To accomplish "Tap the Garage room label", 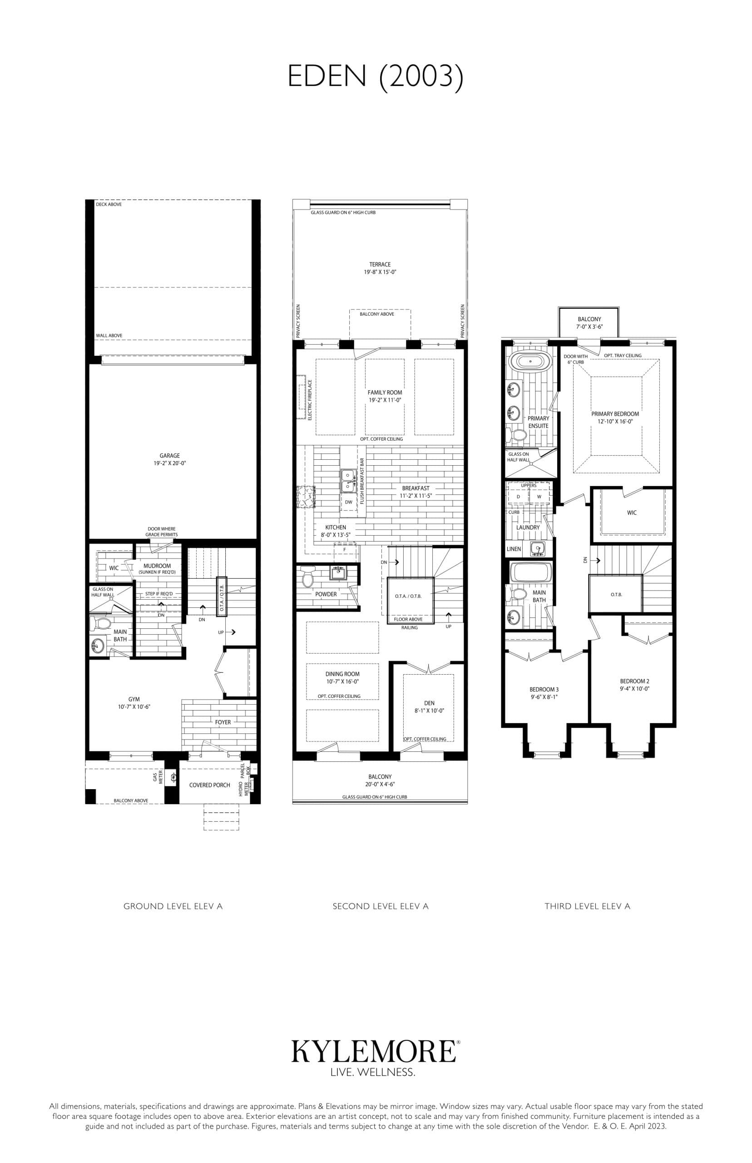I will click(169, 456).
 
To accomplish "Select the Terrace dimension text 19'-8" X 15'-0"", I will click(380, 272).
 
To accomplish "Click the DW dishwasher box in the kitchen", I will click(349, 502).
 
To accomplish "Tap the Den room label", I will click(429, 703).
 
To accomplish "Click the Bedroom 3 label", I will click(544, 689).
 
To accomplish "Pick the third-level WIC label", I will click(632, 512).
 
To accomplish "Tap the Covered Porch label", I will click(209, 785).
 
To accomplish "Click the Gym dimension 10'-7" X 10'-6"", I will click(134, 706).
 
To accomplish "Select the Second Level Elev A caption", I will click(381, 906).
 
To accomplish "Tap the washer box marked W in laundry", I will click(539, 497).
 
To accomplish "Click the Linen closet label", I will click(514, 548).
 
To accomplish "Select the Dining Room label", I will click(342, 674).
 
